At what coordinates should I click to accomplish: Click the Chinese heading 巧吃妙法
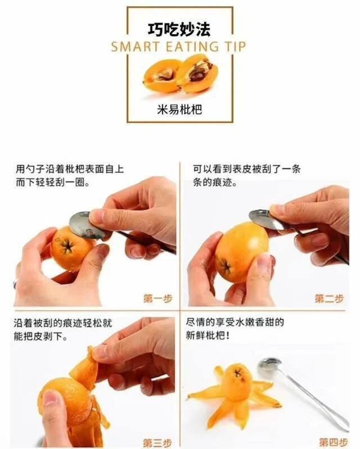point(179,29)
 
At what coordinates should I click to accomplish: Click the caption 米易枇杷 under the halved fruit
point(179,109)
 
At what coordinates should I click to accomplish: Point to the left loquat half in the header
point(162,76)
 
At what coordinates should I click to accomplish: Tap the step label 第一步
point(157,298)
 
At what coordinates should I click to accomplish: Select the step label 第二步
point(329,298)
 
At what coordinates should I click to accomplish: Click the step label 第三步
point(157,443)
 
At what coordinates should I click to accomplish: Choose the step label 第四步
point(334,442)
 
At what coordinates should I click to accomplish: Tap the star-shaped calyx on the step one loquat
point(67,246)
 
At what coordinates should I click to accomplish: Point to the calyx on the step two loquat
point(226,267)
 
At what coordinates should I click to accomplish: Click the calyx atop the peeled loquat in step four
point(238,374)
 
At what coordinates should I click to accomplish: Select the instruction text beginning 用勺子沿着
point(70,175)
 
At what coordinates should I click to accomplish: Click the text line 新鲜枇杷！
point(208,335)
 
